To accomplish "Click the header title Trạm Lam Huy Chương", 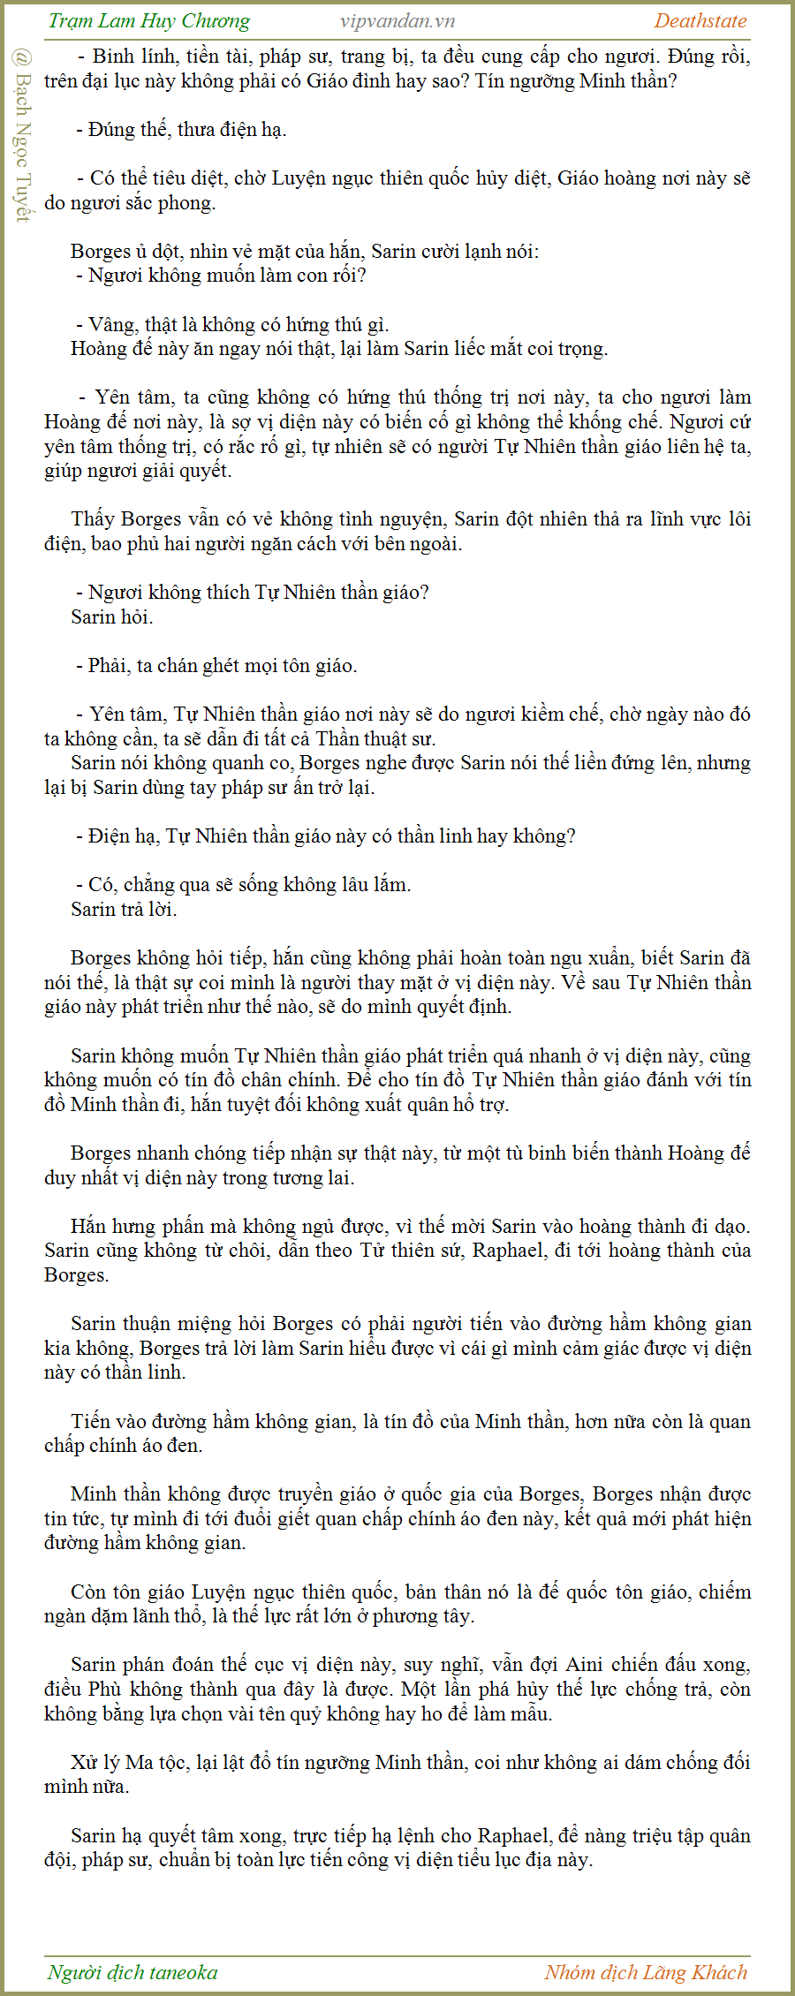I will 148,21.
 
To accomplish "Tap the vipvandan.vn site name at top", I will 397,21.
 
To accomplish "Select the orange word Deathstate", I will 700,21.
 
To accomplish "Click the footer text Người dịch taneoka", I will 132,1972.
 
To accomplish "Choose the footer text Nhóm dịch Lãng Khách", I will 646,1972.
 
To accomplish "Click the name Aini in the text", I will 585,1664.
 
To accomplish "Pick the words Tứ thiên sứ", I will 413,1251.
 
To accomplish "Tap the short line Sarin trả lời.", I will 124,909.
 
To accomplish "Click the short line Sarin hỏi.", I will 112,616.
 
